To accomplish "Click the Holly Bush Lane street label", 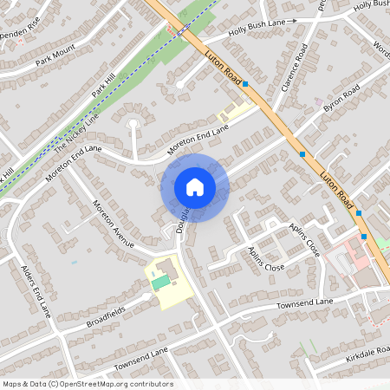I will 257,26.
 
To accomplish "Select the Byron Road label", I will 341,101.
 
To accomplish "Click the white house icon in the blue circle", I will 195,186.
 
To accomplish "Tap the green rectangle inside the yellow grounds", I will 160,283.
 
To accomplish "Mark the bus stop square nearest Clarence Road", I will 246,84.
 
